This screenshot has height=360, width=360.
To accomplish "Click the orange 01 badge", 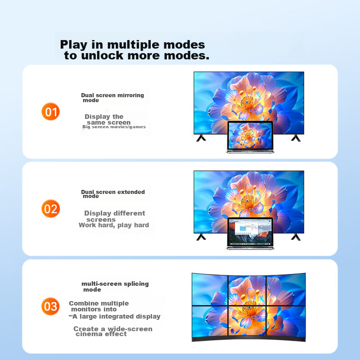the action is (x=50, y=112).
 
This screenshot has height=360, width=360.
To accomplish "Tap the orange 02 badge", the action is (x=50, y=209).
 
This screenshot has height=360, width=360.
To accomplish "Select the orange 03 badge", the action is (x=50, y=306).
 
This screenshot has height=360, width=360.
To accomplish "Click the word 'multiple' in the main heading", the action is (x=133, y=45).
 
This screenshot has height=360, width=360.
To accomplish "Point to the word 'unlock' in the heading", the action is (x=102, y=55).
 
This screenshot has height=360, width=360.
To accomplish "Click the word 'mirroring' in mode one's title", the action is (x=130, y=95).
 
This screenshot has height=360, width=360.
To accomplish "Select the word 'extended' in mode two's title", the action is (x=131, y=192).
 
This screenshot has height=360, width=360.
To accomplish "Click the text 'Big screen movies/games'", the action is (x=114, y=127).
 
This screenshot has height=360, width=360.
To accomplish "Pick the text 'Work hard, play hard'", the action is (x=114, y=225).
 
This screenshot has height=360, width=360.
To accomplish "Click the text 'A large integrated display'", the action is (x=117, y=316).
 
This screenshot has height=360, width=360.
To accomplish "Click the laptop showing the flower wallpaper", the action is (x=250, y=137).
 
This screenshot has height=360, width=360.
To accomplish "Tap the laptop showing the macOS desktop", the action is (x=250, y=234).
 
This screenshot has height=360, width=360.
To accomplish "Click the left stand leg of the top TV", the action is (x=201, y=138).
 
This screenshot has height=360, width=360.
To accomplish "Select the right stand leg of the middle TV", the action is (x=296, y=237).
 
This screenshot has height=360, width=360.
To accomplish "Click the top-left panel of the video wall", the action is (x=210, y=289).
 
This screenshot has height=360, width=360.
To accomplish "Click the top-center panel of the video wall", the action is (x=247, y=291).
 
